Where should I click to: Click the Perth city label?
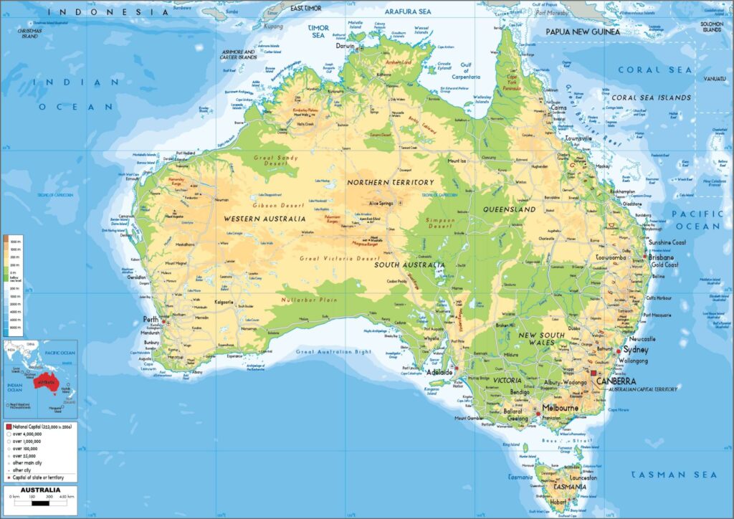click(151, 320)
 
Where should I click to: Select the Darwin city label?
click(345, 45)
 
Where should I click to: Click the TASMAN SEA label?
click(674, 475)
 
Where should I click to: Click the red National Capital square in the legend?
click(9, 426)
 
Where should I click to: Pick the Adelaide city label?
click(439, 373)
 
